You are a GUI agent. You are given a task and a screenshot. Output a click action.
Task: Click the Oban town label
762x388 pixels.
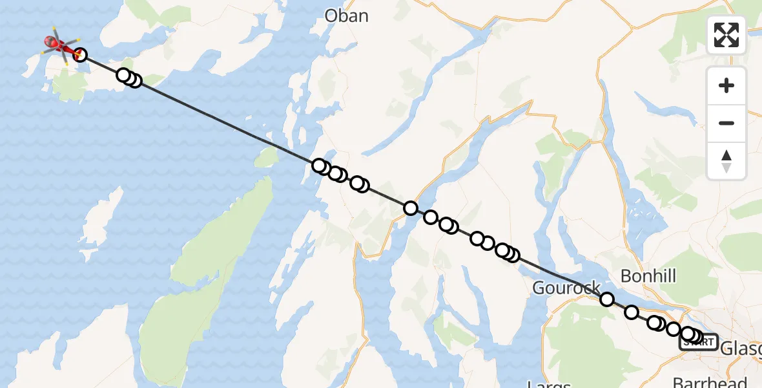click(x=347, y=16)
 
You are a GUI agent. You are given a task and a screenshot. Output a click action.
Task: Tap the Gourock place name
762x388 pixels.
click(x=566, y=288)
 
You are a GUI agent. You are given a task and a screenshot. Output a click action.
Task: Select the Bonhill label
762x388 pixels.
click(x=648, y=276)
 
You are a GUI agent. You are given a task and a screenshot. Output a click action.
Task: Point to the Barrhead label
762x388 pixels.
click(x=710, y=382)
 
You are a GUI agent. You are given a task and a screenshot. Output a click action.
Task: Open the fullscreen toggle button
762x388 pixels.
click(x=726, y=35)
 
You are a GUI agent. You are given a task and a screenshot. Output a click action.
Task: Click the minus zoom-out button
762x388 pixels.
click(x=726, y=123)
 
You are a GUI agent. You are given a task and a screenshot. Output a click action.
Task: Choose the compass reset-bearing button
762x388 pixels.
click(x=726, y=160)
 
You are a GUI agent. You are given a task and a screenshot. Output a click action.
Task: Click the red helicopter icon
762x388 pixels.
click(x=59, y=44)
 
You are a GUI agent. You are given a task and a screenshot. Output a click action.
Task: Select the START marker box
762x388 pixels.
click(x=699, y=341)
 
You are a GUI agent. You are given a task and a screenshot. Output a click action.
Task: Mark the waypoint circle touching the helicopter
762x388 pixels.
click(x=80, y=54)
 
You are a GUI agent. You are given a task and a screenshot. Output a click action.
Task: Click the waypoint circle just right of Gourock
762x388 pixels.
click(x=607, y=299)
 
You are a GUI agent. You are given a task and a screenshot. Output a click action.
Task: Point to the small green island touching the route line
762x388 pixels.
click(x=265, y=157)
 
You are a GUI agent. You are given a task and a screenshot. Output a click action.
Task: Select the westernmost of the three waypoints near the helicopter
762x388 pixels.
click(x=123, y=75)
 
